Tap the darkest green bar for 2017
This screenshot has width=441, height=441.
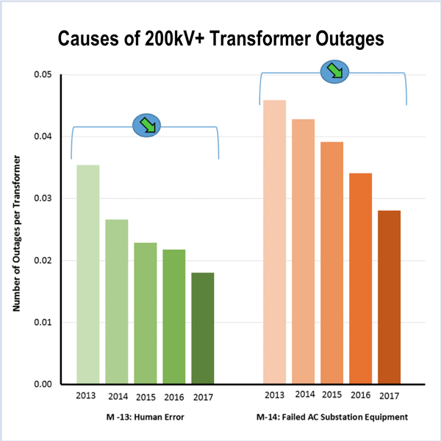(x=202, y=328)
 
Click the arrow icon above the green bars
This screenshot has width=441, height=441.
(x=146, y=125)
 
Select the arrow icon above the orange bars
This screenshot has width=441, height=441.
(x=334, y=71)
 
